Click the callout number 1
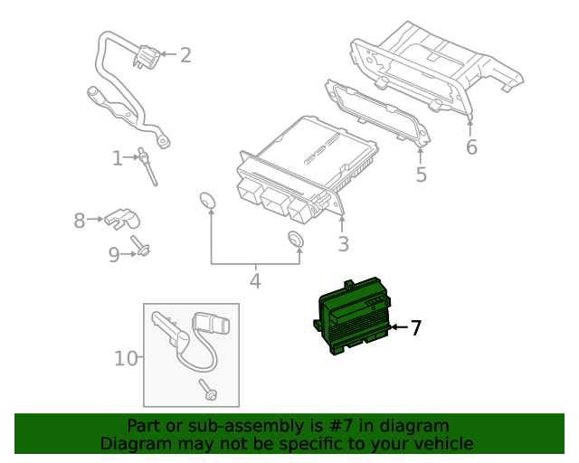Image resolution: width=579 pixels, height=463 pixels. coord(118,159)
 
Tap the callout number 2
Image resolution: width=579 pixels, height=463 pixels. coord(185,56)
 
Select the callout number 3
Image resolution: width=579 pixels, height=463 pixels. coord(343,243)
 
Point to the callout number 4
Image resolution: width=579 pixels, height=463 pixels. coord(255,281)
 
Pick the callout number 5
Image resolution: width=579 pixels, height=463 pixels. coord(421,175)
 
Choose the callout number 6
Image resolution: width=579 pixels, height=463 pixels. coord(471,147)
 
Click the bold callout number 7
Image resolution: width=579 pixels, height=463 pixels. coord(415,328)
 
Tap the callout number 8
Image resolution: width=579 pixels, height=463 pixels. coord(80,220)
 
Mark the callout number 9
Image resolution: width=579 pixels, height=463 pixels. coord(114,255)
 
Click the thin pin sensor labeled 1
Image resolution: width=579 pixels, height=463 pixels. coord(147,167)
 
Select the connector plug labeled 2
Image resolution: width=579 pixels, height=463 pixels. coord(145,59)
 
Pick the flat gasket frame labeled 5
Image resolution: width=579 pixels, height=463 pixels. coord(375,113)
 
